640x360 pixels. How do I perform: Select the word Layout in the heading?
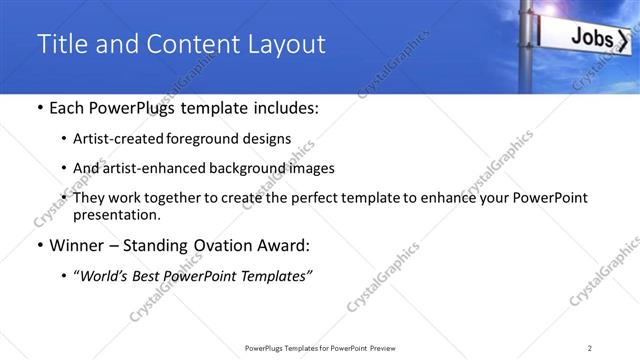coord(284,45)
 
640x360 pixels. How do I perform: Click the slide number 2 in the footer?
coord(590,347)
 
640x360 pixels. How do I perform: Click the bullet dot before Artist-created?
coord(64,139)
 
